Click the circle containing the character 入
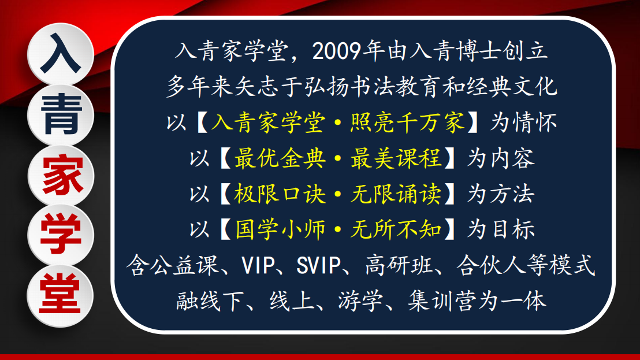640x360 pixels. point(61,55)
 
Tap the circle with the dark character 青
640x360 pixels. point(61,114)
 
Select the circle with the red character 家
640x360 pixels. point(61,176)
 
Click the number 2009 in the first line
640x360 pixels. point(337,51)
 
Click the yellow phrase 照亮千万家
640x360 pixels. point(408,123)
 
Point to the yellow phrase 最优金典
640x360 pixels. point(280,158)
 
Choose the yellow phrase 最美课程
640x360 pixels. point(396,158)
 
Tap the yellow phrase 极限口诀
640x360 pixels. point(280,194)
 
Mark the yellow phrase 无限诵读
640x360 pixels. point(396,194)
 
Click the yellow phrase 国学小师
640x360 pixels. point(280,229)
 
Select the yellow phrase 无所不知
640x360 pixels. point(396,229)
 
